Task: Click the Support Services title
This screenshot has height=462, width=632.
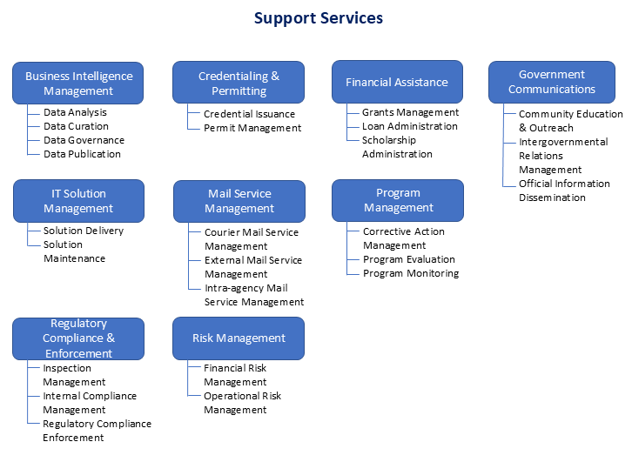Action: point(318,17)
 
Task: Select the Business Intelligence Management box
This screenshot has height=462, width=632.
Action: point(77,83)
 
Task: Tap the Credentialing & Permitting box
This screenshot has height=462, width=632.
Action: point(239,83)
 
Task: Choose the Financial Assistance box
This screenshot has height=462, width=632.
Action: point(397,83)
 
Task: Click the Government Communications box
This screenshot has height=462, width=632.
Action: point(552,82)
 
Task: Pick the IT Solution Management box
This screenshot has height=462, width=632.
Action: point(78,201)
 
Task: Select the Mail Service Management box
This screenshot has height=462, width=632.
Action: point(239,201)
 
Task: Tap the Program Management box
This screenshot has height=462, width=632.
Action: point(398,200)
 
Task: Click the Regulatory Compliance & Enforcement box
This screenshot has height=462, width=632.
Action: point(78,338)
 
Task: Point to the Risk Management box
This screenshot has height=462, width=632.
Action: point(239,338)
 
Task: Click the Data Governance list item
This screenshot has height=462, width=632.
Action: point(84,140)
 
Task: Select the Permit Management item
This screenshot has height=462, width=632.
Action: point(252,128)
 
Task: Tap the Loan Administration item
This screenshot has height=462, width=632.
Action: point(409,126)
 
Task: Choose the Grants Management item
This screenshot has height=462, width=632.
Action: point(410,112)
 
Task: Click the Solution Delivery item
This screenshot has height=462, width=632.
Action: point(84,231)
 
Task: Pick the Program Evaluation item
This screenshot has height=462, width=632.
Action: point(409,259)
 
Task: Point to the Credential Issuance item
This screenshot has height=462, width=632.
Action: point(249,114)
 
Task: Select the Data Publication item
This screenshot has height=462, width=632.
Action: point(82,154)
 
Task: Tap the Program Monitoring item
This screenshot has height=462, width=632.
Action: point(410,273)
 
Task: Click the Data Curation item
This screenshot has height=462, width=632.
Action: point(76,126)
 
